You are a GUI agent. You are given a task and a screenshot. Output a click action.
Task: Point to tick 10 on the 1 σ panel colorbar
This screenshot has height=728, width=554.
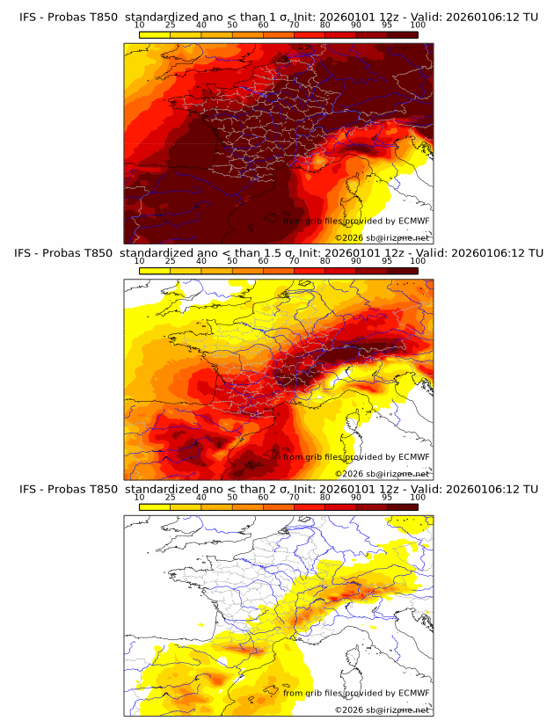pos(140,25)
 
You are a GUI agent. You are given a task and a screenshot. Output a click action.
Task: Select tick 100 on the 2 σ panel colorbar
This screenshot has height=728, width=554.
pos(418,497)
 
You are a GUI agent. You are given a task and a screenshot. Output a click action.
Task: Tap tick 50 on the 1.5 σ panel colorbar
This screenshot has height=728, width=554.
pos(232,261)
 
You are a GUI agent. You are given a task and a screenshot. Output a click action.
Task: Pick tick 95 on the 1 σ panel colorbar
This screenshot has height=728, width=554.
pos(387,25)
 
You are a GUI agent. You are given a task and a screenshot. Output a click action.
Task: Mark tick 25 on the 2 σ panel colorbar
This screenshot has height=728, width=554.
pos(171,497)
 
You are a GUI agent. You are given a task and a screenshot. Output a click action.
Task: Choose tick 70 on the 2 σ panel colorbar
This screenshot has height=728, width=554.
pos(295,497)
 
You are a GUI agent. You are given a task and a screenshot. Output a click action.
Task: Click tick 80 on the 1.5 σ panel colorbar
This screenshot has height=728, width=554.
pos(325,261)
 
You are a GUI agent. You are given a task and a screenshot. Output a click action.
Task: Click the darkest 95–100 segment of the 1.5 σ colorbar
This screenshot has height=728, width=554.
pos(402,270)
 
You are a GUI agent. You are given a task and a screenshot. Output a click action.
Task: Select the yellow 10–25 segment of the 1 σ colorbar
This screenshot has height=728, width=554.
pos(155,34)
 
